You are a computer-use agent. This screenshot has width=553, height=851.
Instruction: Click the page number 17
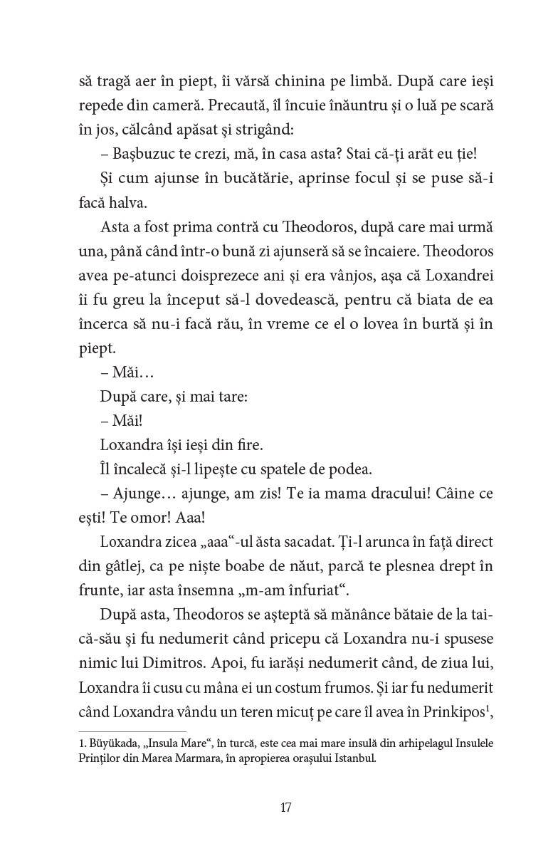[286, 808]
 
